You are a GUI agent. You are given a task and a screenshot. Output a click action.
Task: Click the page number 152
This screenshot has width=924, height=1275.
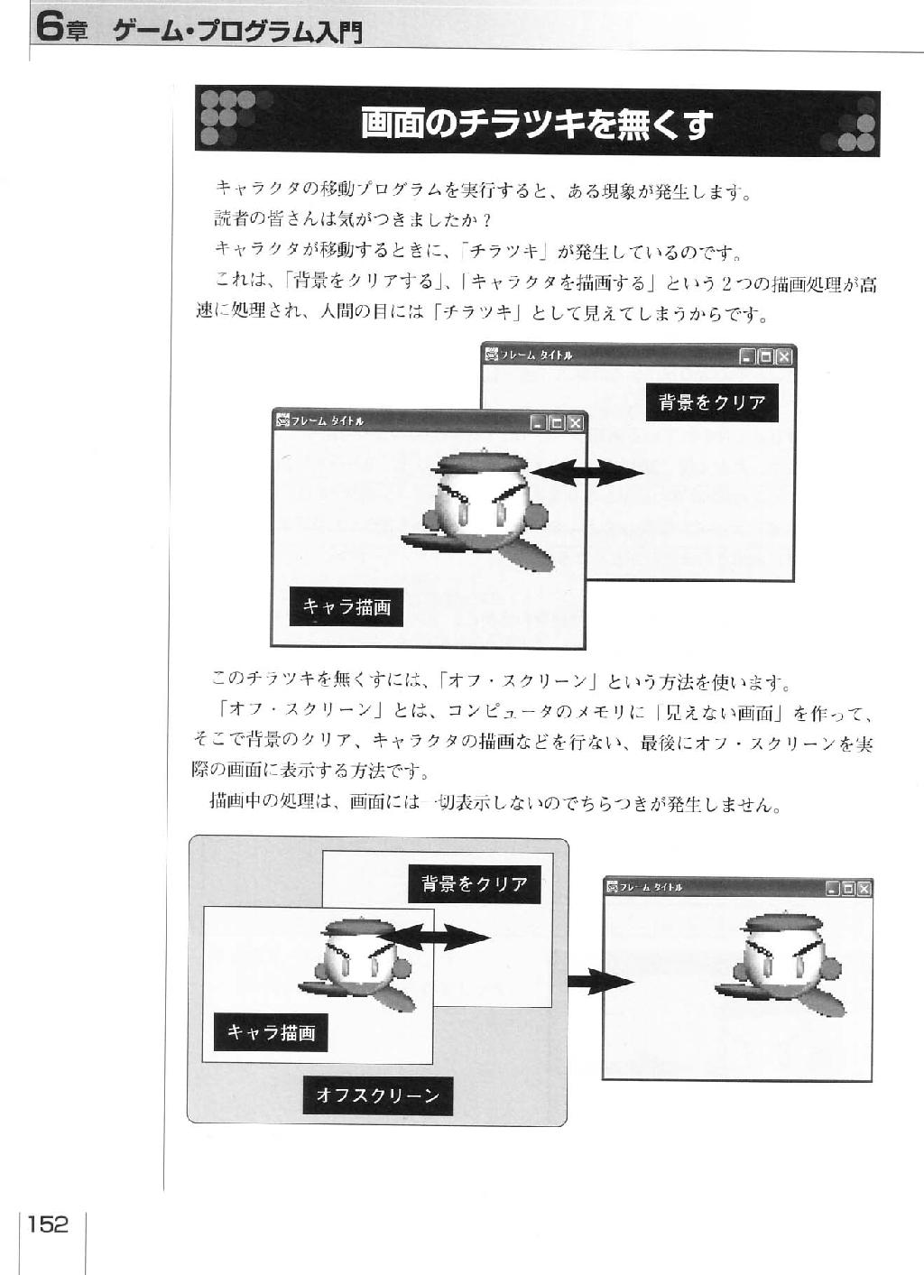pyautogui.click(x=48, y=1224)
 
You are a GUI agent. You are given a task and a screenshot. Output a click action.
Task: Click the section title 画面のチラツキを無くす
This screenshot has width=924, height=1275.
pyautogui.click(x=537, y=124)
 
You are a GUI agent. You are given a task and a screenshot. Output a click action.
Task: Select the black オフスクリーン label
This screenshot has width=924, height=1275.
pyautogui.click(x=377, y=1095)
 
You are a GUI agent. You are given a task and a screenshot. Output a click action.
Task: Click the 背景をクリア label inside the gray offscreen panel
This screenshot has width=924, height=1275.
pyautogui.click(x=475, y=884)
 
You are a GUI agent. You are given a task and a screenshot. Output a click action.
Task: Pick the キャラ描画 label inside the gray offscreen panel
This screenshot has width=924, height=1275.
pyautogui.click(x=271, y=1032)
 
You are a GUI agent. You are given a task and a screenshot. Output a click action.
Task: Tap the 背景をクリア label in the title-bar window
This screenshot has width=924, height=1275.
pyautogui.click(x=712, y=402)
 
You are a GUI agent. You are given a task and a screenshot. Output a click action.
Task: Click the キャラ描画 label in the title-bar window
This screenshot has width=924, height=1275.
pyautogui.click(x=346, y=606)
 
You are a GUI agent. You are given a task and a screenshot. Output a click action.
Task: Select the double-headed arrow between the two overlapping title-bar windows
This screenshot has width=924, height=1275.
pyautogui.click(x=587, y=473)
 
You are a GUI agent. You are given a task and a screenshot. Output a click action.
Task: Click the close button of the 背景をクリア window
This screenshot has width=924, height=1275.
pyautogui.click(x=784, y=357)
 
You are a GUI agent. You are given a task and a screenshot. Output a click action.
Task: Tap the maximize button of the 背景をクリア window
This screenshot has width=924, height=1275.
pyautogui.click(x=766, y=357)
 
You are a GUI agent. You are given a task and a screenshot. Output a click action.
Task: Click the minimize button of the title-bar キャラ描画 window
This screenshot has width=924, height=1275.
pyautogui.click(x=538, y=423)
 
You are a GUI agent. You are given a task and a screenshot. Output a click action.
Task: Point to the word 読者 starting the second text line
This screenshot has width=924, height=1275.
pyautogui.click(x=232, y=218)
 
